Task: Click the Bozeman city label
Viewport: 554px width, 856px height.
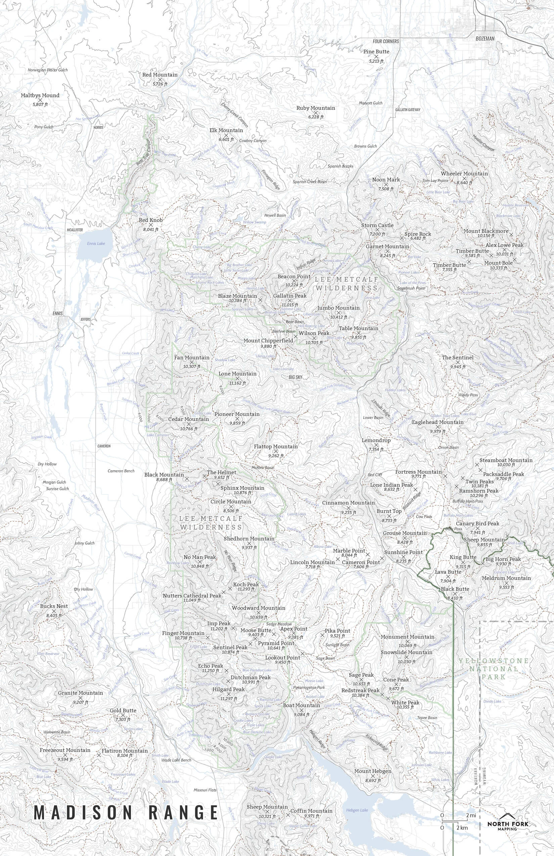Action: click(x=485, y=39)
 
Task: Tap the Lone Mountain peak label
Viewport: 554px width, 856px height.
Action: click(x=237, y=374)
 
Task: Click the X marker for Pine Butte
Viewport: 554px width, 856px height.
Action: click(x=377, y=56)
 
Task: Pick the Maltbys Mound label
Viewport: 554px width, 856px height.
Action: click(x=40, y=95)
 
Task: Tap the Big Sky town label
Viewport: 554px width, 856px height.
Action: click(x=295, y=377)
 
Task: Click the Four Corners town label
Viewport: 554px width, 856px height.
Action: click(x=386, y=41)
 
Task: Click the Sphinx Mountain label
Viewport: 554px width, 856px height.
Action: click(x=242, y=488)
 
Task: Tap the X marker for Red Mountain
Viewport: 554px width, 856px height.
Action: click(x=160, y=80)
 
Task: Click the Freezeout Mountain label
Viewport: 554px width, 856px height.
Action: click(x=65, y=750)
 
